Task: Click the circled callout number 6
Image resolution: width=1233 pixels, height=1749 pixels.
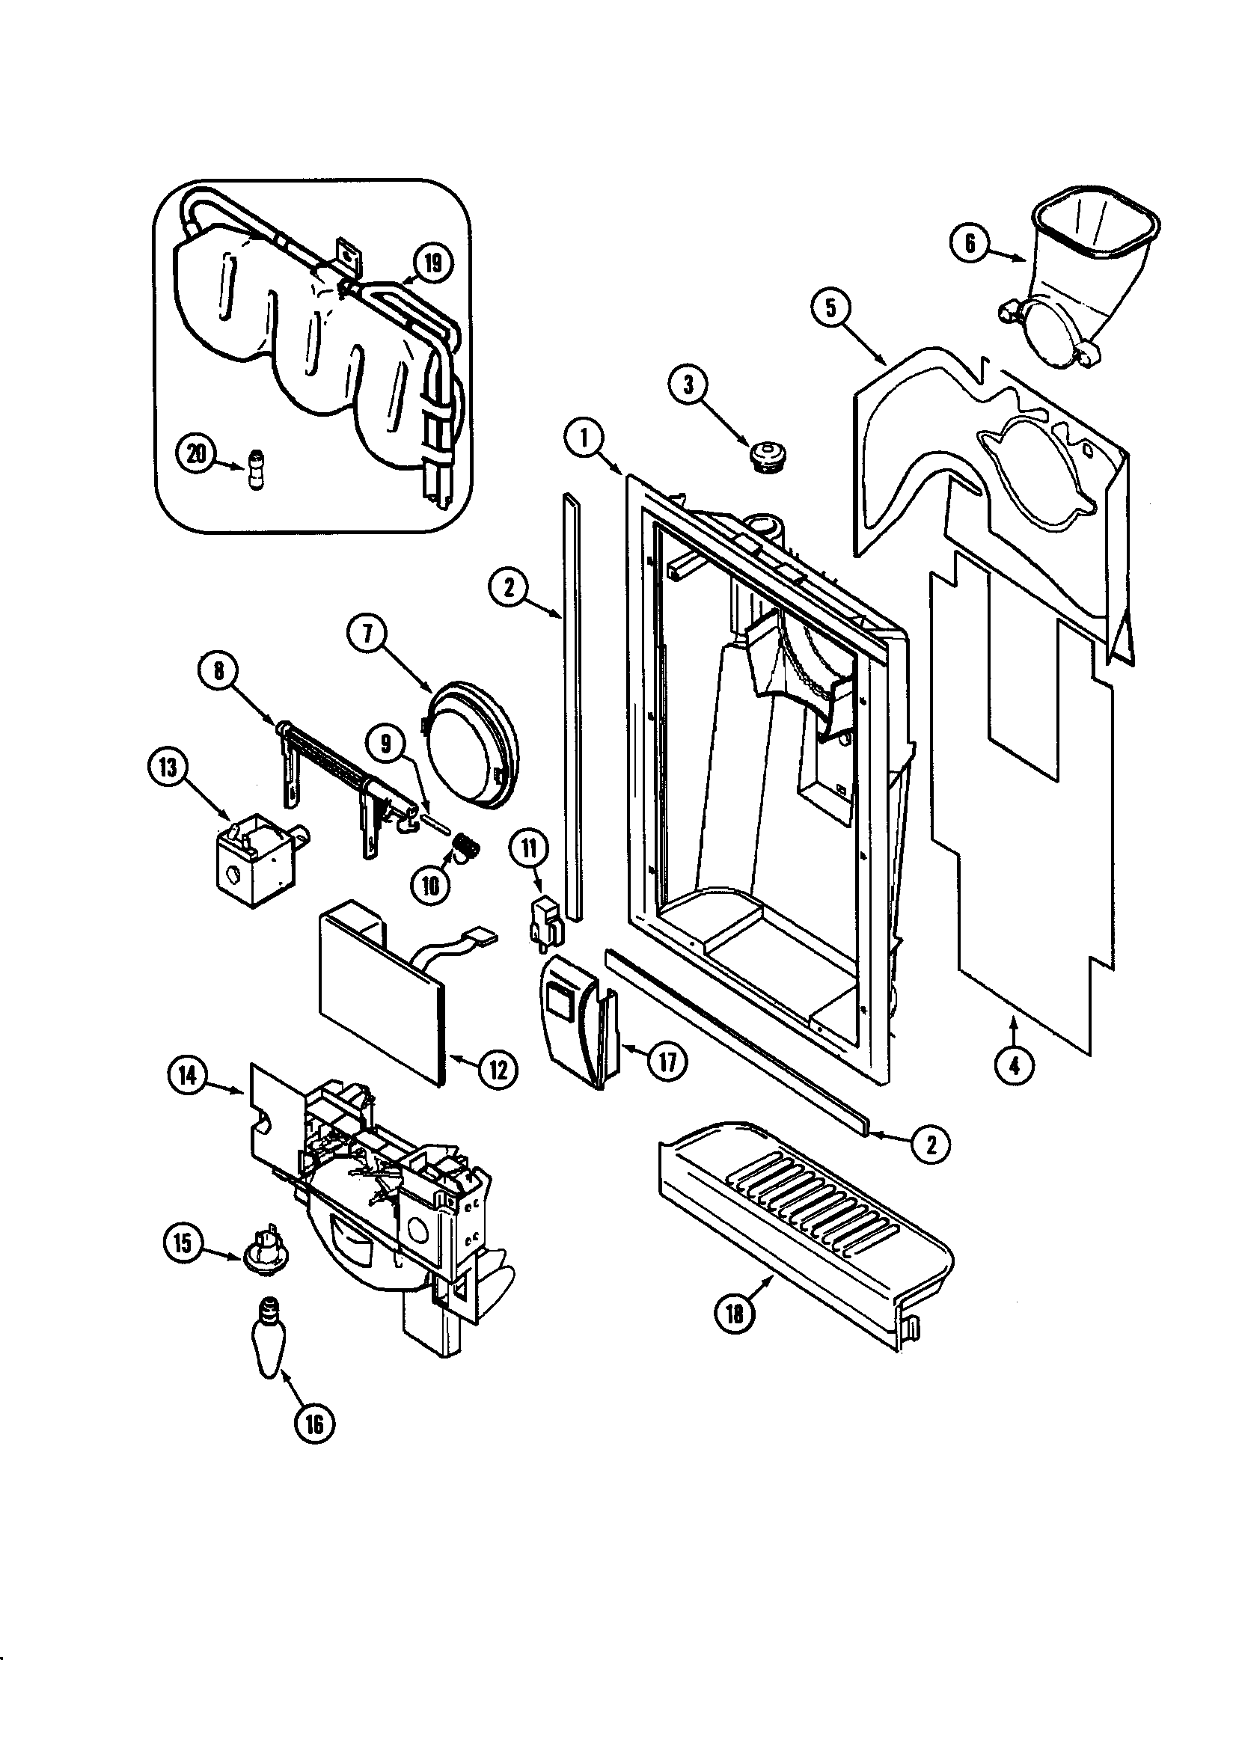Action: pyautogui.click(x=970, y=243)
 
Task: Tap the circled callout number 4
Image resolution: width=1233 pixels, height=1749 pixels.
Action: pyautogui.click(x=1014, y=1067)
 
